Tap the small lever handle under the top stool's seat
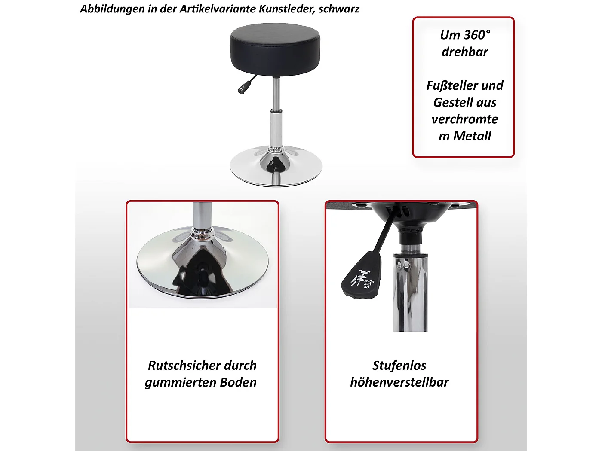coord(242,88)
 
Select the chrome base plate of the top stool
coord(276,170)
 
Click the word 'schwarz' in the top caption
coord(339,9)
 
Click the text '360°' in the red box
coord(477,35)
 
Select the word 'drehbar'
coord(465,52)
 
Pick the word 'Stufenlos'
coord(399,366)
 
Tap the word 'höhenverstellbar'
coord(399,382)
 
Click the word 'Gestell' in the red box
coord(449,103)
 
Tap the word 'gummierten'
coord(181,382)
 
